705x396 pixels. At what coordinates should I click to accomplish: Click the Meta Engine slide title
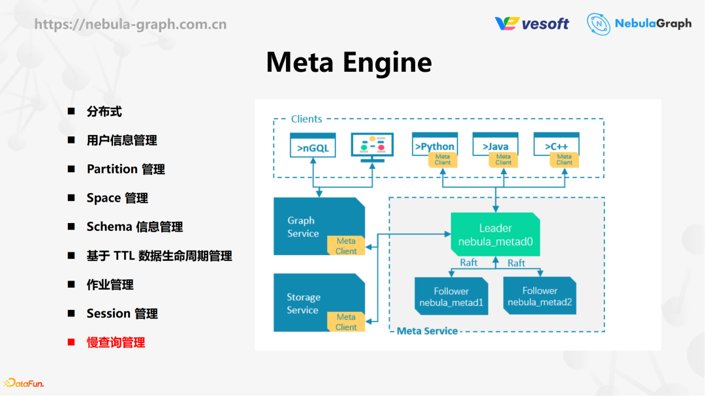pyautogui.click(x=349, y=63)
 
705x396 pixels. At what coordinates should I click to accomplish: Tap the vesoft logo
pyautogui.click(x=531, y=23)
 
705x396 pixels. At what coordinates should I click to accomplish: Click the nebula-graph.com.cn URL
pyautogui.click(x=130, y=25)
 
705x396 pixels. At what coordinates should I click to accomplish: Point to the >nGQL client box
pyautogui.click(x=313, y=146)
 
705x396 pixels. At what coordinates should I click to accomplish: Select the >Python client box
pyautogui.click(x=435, y=146)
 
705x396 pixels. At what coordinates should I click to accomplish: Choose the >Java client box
pyautogui.click(x=495, y=146)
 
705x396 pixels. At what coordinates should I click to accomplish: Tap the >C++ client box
pyautogui.click(x=556, y=146)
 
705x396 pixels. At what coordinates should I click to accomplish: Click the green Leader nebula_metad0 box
pyautogui.click(x=495, y=234)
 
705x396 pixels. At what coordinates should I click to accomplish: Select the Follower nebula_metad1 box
pyautogui.click(x=451, y=297)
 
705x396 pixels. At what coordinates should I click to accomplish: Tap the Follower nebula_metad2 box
pyautogui.click(x=539, y=296)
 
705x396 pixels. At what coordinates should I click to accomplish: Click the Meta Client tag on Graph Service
pyautogui.click(x=346, y=246)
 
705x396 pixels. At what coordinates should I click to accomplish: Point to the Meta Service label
pyautogui.click(x=427, y=331)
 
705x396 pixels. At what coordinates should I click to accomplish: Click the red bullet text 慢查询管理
pyautogui.click(x=116, y=343)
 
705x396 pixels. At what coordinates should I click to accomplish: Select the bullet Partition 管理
pyautogui.click(x=125, y=169)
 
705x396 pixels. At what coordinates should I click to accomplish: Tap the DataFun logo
pyautogui.click(x=23, y=383)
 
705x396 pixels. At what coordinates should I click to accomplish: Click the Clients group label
pyautogui.click(x=306, y=119)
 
